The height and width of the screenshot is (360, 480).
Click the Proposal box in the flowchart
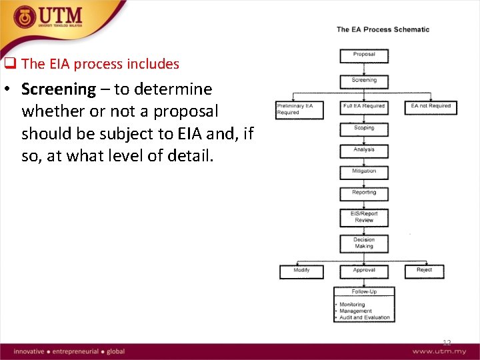point(364,56)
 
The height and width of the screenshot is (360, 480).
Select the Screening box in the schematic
point(364,81)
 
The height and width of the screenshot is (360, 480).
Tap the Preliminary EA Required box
point(300,109)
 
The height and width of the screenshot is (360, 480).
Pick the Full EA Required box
point(364,107)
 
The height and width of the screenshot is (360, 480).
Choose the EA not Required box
point(431,107)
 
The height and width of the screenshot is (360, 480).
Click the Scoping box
point(364,128)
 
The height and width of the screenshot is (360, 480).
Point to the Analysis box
point(364,151)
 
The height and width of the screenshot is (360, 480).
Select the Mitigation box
point(364,172)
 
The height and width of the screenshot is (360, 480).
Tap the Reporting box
point(364,193)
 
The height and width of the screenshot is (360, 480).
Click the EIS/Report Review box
point(364,217)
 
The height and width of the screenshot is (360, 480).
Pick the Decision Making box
point(364,243)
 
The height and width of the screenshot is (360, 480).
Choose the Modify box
point(301,271)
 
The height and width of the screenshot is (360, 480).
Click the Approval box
point(364,271)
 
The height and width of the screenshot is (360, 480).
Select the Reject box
point(424,271)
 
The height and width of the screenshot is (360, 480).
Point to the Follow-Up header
point(364,292)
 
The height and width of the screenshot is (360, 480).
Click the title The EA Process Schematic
point(383,29)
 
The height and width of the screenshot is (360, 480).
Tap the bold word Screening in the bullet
point(59,89)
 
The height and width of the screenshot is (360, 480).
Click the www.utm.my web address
point(439,351)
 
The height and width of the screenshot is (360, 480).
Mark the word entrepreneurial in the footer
point(75,351)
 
